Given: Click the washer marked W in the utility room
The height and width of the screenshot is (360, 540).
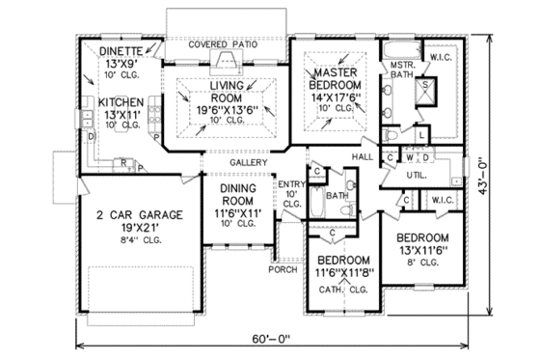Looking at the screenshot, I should click(x=410, y=157).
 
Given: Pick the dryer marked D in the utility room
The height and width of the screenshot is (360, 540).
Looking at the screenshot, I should click(x=425, y=157).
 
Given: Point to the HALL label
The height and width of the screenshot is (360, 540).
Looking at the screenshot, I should click(x=363, y=154).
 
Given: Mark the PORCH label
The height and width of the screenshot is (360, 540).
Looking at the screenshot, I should click(x=284, y=269).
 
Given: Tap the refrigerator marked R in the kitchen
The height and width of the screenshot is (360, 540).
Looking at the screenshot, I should click(x=125, y=163).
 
